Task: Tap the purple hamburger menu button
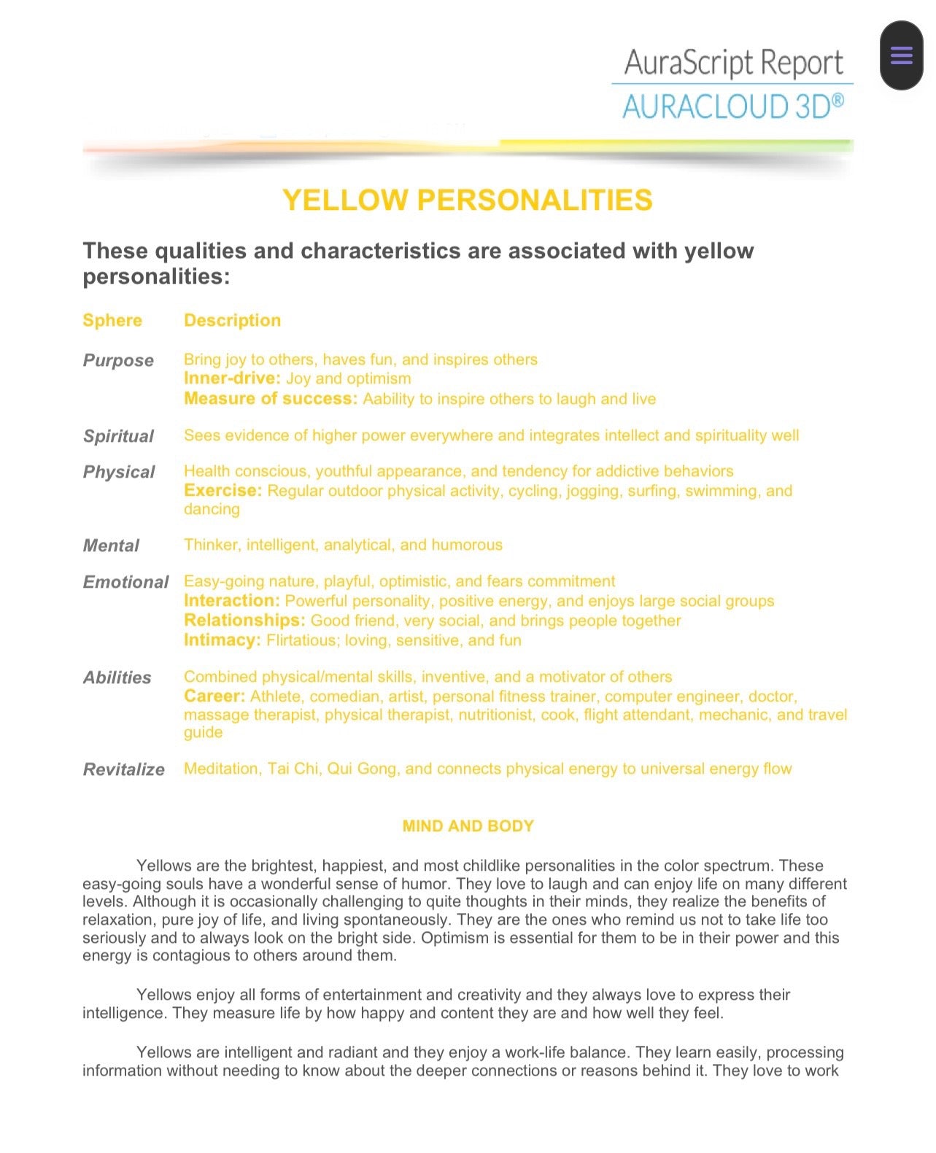[901, 55]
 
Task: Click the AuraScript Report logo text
[733, 63]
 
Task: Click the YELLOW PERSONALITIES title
[467, 200]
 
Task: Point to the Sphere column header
[112, 320]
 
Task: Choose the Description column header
[232, 320]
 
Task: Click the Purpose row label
[118, 360]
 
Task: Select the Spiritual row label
[118, 436]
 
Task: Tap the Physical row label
[119, 472]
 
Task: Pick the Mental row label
[111, 546]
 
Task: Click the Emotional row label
[125, 582]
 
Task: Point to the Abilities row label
[117, 678]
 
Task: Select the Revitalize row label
[124, 769]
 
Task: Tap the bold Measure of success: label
[271, 398]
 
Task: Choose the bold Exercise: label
[223, 490]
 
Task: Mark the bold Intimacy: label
[222, 640]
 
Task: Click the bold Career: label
[214, 696]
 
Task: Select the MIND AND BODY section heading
[468, 826]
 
